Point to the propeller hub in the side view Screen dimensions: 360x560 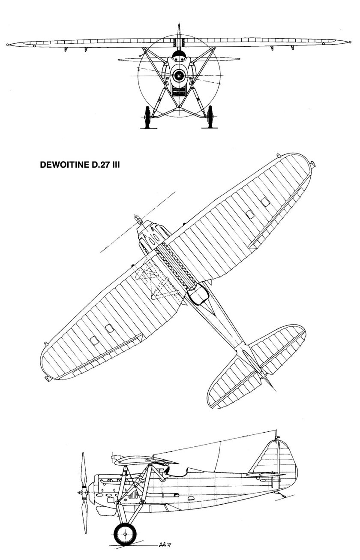81,494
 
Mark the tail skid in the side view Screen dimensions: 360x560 281,495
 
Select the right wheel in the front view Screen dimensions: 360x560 210,117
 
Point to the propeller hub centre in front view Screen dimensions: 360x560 179,76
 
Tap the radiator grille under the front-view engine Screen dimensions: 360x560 179,91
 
